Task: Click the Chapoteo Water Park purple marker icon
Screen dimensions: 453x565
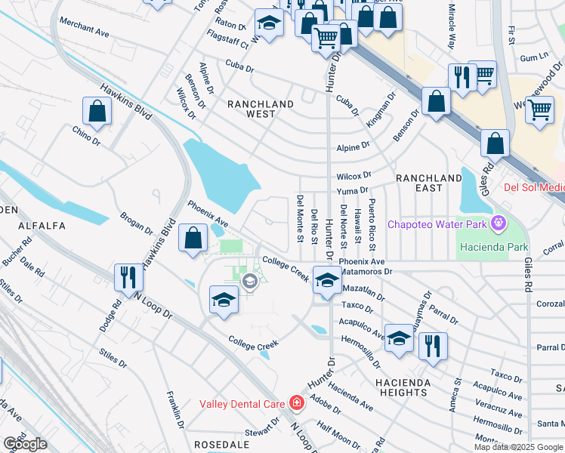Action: (497, 223)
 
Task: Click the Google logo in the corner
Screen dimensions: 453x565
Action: (25, 444)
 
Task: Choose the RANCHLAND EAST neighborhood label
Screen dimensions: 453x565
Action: (428, 177)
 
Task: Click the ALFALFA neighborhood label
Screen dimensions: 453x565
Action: (38, 225)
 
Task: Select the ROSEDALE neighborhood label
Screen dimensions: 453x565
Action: (221, 445)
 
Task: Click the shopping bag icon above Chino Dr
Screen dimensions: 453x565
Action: (97, 113)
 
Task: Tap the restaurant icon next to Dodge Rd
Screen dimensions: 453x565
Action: (128, 279)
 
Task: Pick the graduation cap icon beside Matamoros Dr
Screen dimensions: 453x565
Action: (326, 280)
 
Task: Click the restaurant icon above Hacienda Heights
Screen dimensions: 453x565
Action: (432, 347)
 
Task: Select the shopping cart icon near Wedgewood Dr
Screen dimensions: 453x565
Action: (539, 110)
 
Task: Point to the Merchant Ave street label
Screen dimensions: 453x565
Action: (86, 29)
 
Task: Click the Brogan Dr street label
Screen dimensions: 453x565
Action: (137, 224)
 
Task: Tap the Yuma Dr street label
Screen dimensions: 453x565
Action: (353, 191)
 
